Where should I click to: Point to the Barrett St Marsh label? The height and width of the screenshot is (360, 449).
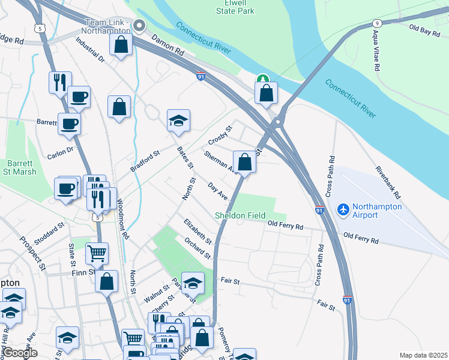[x=22, y=167]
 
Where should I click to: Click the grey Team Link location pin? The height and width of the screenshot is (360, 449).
[x=140, y=25]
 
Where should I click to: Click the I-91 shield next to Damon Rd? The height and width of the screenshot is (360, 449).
[x=200, y=76]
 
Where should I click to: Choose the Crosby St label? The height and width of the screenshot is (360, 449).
[x=220, y=135]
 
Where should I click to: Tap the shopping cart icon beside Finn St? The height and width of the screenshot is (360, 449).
[x=97, y=254]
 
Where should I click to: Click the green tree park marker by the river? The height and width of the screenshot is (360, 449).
[x=262, y=79]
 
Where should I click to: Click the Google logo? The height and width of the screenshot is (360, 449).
[x=20, y=353]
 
